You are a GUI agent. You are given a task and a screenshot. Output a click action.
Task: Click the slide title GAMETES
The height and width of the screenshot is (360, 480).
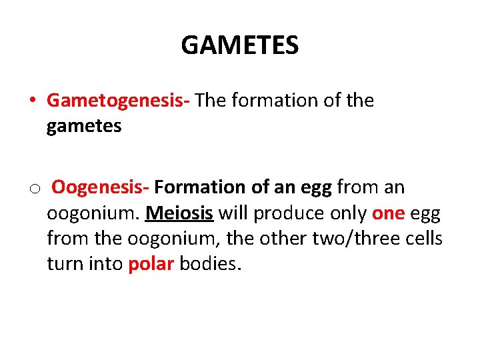click(x=240, y=46)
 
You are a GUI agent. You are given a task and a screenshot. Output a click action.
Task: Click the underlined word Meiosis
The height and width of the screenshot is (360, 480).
click(x=179, y=213)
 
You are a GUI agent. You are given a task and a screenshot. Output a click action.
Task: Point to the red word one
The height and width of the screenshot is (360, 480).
click(x=388, y=213)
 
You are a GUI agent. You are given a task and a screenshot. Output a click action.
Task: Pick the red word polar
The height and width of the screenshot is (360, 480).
click(x=151, y=263)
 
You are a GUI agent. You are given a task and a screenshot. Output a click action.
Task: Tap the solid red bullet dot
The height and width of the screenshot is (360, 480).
click(x=32, y=101)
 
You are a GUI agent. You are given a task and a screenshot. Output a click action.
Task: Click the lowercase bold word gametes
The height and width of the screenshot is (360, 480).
click(x=84, y=126)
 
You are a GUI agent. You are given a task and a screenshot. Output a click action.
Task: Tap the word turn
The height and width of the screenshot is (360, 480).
click(x=64, y=263)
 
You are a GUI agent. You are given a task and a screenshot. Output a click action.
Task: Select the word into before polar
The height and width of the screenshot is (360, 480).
click(x=106, y=263)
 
